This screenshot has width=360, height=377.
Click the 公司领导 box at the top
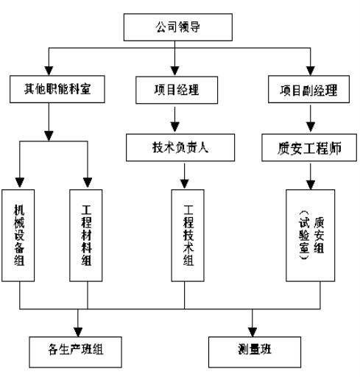(178, 27)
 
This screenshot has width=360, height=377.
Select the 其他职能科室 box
(57, 89)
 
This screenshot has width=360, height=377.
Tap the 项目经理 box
(177, 90)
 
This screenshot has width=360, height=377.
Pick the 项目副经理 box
(308, 89)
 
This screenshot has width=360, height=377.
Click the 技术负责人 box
(180, 147)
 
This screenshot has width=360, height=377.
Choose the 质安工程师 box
(309, 147)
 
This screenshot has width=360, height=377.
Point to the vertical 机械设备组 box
(18, 236)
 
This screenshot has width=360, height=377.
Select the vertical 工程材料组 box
(86, 236)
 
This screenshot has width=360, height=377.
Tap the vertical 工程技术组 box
(188, 236)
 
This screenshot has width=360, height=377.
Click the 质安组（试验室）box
(311, 236)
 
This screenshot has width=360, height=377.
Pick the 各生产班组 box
(76, 352)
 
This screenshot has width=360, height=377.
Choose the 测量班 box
(255, 352)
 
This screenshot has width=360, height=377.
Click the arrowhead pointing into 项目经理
(174, 71)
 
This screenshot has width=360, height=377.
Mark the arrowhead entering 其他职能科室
(49, 71)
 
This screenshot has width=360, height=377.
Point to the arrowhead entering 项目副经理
(311, 71)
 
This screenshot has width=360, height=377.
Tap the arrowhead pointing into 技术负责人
(174, 127)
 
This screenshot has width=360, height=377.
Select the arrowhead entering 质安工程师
(311, 127)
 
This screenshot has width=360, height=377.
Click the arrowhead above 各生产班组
(78, 332)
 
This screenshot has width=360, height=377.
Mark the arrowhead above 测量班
(253, 332)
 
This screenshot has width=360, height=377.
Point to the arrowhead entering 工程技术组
(185, 184)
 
